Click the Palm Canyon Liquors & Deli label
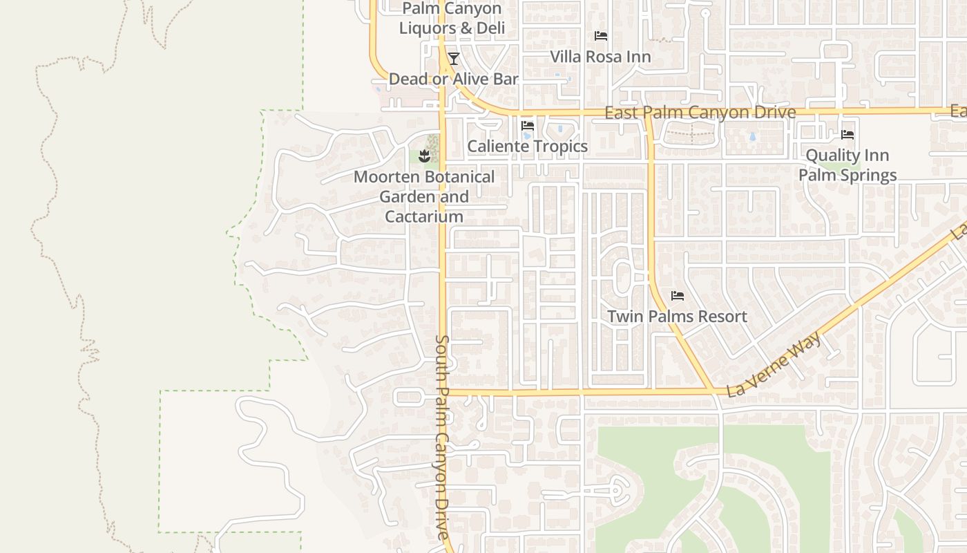coord(452,19)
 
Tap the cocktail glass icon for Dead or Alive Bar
coord(454,59)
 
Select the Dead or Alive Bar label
coord(453,79)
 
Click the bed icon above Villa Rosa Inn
coord(601,36)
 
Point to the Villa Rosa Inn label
coord(600,57)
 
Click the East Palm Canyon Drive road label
coord(700,112)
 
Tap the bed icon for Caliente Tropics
coord(528,126)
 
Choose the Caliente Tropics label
coord(528,147)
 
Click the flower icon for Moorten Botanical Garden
coord(425,156)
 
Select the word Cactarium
coord(424,216)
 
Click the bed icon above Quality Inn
coord(848,135)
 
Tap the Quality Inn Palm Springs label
coord(848,165)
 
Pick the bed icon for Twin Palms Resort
coord(678,296)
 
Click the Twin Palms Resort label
coord(677,317)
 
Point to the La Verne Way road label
coord(774,364)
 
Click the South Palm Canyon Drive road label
coord(443,437)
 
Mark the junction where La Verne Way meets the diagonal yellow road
coord(711,391)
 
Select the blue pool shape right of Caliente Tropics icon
coord(559,128)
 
